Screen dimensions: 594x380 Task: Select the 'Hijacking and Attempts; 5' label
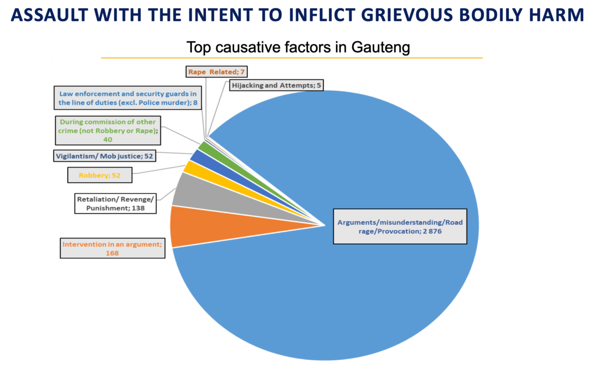click(277, 85)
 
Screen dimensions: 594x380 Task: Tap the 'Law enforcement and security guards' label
click(127, 98)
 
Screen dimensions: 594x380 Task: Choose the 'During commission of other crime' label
click(108, 130)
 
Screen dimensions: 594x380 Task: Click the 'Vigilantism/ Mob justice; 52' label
click(105, 156)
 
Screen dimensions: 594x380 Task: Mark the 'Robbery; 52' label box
click(100, 175)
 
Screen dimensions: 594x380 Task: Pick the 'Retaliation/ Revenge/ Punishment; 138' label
click(116, 203)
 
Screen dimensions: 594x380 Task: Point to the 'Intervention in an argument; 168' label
click(113, 248)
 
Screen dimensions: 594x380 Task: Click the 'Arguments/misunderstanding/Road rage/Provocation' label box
click(400, 226)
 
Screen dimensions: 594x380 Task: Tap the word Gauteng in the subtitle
click(380, 48)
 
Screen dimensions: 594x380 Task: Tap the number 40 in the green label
click(108, 140)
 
